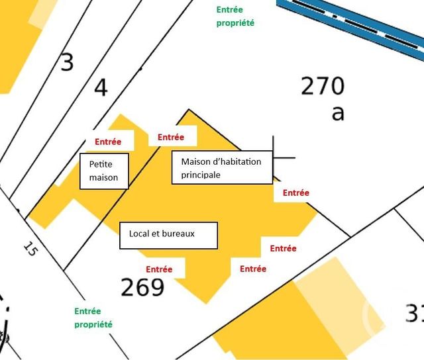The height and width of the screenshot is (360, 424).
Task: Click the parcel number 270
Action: tap(323, 86)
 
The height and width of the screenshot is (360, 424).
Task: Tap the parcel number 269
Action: tap(142, 287)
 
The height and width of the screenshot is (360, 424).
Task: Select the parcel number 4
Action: tap(101, 87)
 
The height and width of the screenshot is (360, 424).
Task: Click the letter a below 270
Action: tap(338, 113)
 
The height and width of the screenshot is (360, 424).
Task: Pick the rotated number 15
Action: tap(30, 249)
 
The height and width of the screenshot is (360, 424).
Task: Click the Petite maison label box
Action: tap(104, 171)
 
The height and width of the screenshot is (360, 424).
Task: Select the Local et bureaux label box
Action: tap(168, 235)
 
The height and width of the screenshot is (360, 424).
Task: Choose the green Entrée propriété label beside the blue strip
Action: tap(235, 17)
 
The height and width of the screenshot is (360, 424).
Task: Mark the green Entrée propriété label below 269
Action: tap(93, 318)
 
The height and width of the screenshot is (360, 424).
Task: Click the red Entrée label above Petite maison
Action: tap(108, 142)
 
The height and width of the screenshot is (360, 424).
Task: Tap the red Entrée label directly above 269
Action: tap(159, 269)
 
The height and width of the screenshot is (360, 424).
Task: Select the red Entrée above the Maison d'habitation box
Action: tap(170, 138)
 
